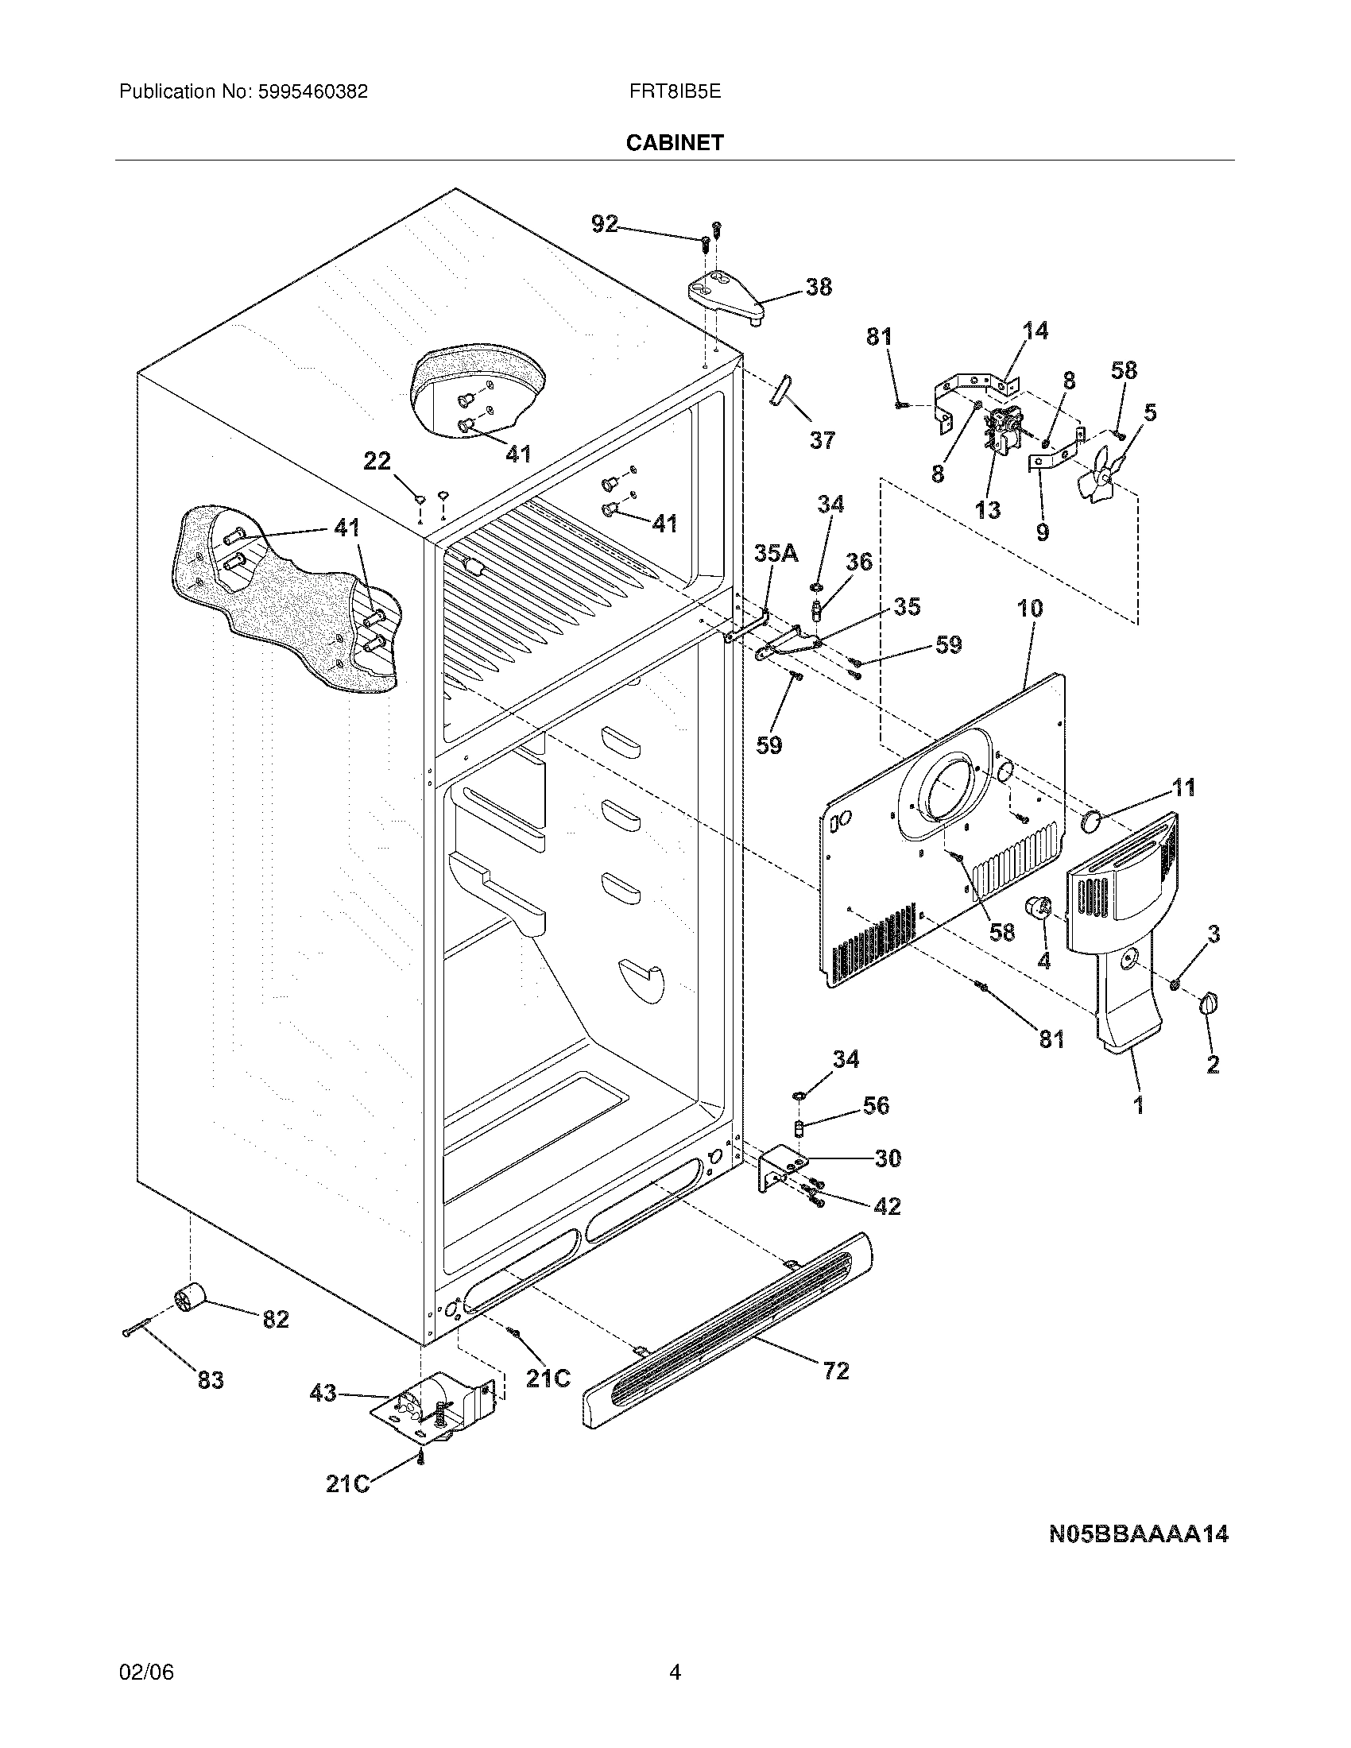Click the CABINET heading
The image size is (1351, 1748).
pyautogui.click(x=674, y=142)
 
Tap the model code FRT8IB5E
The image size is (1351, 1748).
pyautogui.click(x=675, y=92)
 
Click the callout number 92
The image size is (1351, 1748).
pyautogui.click(x=605, y=224)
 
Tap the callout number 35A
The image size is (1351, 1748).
pyautogui.click(x=776, y=553)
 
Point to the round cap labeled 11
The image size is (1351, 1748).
pyautogui.click(x=1092, y=821)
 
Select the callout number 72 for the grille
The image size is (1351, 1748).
pyautogui.click(x=835, y=1371)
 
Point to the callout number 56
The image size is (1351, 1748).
pyautogui.click(x=876, y=1105)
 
